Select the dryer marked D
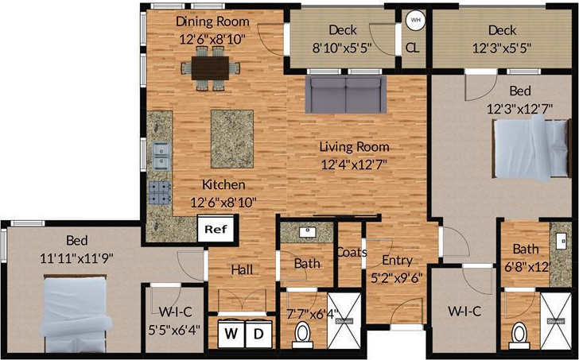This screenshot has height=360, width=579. coord(258,333)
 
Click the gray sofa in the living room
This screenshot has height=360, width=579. coord(347,95)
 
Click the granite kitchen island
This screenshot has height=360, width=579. coord(232,138)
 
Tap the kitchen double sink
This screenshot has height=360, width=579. coord(161,155)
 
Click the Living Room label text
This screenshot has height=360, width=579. coord(354,146)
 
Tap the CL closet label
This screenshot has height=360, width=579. coord(413,47)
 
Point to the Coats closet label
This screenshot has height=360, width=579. coord(351,253)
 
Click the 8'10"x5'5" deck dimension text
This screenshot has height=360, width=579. coord(343,47)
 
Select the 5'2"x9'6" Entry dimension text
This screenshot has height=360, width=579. coord(396,277)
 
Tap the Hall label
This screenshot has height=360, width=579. coord(242,270)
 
